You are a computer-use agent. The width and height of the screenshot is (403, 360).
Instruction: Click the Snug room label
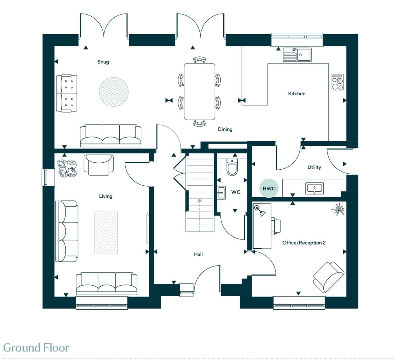tap(103, 62)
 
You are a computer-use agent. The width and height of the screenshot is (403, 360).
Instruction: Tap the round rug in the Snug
tap(114, 92)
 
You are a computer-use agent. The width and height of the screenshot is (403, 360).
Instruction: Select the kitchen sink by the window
tap(297, 55)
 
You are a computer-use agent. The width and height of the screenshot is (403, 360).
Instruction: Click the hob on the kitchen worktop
tap(338, 82)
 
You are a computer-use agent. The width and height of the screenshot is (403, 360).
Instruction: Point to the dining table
tap(199, 92)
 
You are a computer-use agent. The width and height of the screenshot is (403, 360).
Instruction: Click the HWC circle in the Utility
tap(269, 188)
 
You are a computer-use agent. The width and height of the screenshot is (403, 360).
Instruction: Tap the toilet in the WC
tap(232, 167)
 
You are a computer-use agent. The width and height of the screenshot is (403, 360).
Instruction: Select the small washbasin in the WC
tap(221, 193)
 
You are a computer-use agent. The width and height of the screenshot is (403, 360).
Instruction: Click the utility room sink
tap(315, 188)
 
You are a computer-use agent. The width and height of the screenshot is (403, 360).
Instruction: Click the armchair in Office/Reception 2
tap(328, 277)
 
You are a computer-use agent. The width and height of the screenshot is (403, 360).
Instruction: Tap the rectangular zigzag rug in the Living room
tap(106, 233)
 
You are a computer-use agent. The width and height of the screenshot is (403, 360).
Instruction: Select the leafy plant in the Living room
tap(67, 168)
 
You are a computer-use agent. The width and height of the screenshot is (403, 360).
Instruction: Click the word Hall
tap(198, 254)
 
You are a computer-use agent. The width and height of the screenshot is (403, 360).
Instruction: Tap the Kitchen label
tap(297, 94)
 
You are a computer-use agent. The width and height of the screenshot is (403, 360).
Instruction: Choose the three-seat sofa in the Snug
tap(111, 136)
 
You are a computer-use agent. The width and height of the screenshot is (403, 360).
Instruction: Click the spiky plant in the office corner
tap(338, 210)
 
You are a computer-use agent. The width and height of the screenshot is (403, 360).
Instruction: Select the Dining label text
tap(225, 130)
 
